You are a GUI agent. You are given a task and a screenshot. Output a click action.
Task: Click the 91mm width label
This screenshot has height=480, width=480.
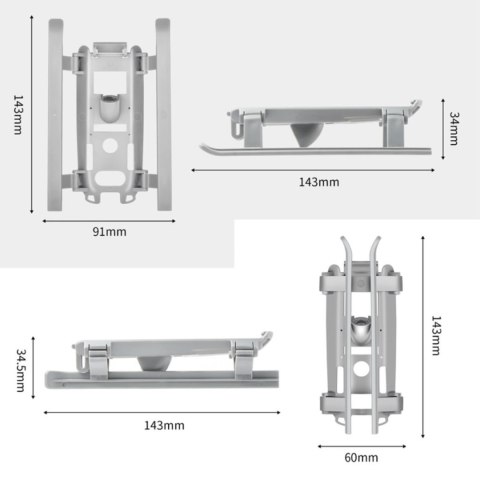pyautogui.click(x=109, y=231)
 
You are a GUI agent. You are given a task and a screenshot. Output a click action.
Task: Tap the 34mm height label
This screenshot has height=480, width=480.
pyautogui.click(x=454, y=128)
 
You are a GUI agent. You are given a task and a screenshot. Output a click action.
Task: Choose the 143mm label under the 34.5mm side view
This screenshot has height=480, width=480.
pyautogui.click(x=164, y=425)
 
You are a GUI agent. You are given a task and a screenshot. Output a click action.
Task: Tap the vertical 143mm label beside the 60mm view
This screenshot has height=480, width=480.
pyautogui.click(x=436, y=336)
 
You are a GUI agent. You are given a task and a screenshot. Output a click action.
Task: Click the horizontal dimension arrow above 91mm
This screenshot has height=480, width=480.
pyautogui.click(x=109, y=216)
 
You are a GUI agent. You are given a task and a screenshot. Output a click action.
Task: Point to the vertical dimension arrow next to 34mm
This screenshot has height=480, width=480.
pyautogui.click(x=441, y=128)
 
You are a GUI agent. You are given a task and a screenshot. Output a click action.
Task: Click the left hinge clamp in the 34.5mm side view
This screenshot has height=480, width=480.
pyautogui.click(x=94, y=358)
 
